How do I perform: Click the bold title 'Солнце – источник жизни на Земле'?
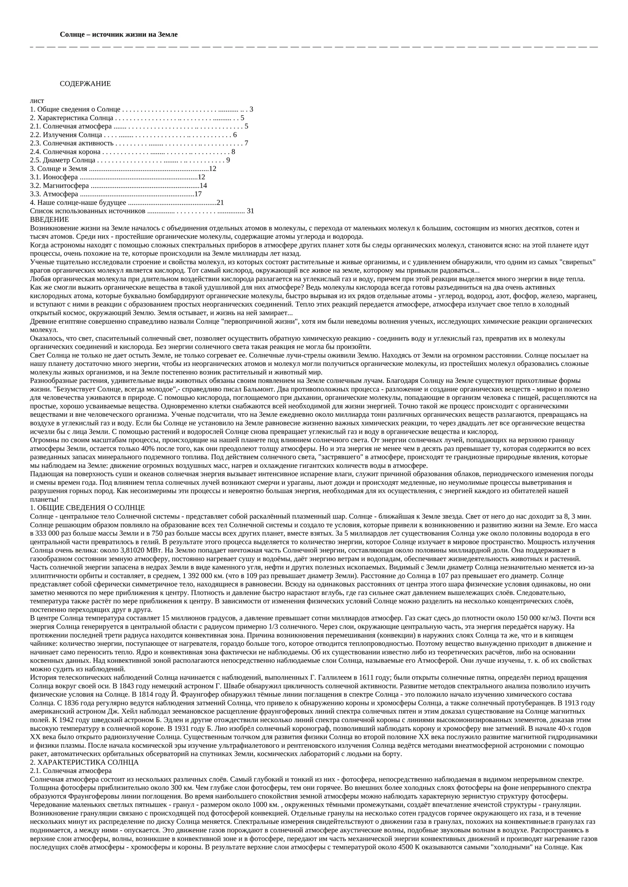119,35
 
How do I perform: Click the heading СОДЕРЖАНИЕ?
85,84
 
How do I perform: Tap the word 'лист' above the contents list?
37,101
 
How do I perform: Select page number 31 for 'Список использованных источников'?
250,211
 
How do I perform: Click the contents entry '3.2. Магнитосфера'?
59,185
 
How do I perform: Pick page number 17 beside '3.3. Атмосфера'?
198,194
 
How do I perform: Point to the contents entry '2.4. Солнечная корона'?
65,152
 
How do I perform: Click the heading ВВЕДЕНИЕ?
49,220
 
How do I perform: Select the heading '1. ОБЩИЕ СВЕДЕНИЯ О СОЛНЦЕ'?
87,508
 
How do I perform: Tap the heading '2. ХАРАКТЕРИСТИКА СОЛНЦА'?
84,762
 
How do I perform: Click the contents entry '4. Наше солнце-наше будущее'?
78,203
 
